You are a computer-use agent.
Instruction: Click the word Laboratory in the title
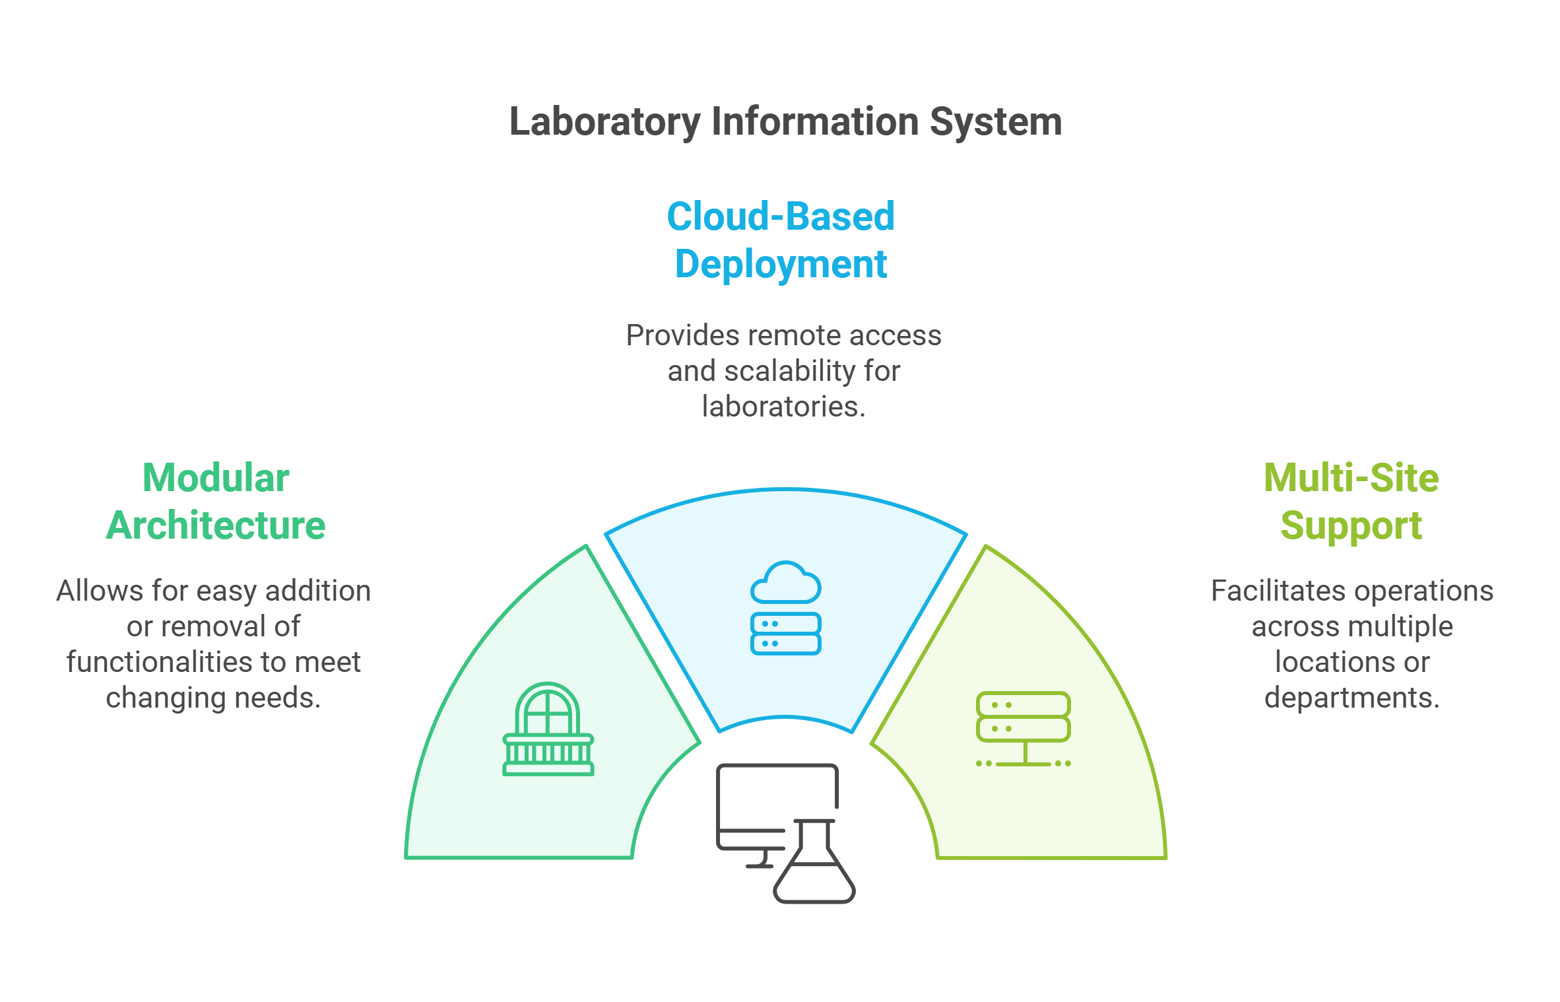pyautogui.click(x=604, y=122)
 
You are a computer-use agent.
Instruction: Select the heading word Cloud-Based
pyautogui.click(x=781, y=217)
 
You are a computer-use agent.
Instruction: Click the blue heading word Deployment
pyautogui.click(x=781, y=265)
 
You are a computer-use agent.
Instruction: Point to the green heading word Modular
pyautogui.click(x=216, y=478)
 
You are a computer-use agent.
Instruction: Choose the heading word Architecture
pyautogui.click(x=216, y=525)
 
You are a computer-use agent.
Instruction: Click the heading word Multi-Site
pyautogui.click(x=1351, y=478)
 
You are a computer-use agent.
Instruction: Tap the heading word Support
pyautogui.click(x=1351, y=525)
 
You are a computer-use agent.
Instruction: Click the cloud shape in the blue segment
pyautogui.click(x=786, y=582)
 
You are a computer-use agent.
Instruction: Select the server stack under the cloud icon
pyautogui.click(x=786, y=634)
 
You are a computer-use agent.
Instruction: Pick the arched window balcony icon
pyautogui.click(x=548, y=729)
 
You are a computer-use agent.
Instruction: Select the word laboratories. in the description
pyautogui.click(x=783, y=407)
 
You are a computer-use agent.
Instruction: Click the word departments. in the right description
pyautogui.click(x=1351, y=698)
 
